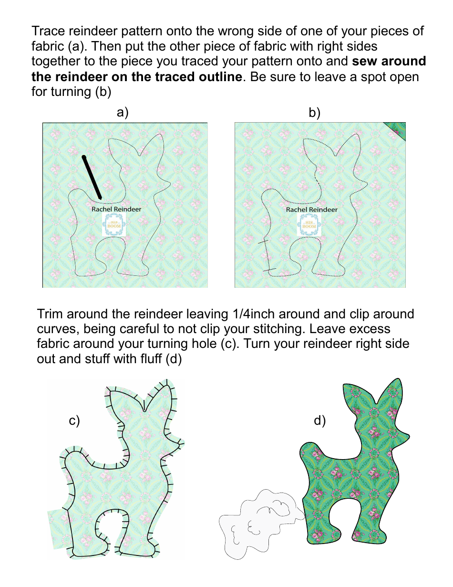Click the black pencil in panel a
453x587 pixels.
92,177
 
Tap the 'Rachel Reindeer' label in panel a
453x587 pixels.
116,209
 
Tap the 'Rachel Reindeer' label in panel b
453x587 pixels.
311,210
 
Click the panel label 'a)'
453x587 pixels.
123,113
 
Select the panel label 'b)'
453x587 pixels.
315,113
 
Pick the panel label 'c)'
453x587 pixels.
74,420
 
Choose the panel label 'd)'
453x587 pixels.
319,420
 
